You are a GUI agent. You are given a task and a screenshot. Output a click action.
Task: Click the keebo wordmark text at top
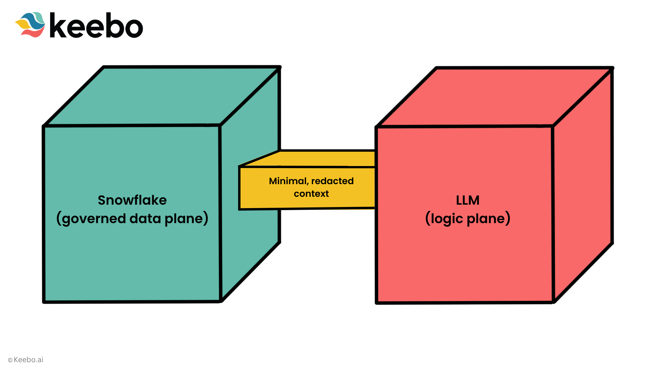pos(96,25)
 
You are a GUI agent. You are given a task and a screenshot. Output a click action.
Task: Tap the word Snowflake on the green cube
pos(132,200)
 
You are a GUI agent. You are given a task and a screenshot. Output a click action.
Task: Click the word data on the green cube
pos(145,219)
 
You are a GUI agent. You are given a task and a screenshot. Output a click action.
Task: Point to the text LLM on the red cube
pos(468,200)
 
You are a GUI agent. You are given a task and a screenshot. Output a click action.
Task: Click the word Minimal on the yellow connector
pos(288,181)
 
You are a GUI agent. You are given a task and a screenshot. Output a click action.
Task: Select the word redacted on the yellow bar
pos(333,181)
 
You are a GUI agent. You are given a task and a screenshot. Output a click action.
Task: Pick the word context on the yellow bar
pos(311,194)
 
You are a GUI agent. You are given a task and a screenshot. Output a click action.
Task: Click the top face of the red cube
pos(495,97)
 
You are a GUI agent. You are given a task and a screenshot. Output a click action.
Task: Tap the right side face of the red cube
pos(583,184)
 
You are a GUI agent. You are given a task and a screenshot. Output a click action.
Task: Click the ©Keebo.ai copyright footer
pos(26,360)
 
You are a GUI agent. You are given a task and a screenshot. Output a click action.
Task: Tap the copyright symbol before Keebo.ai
pos(10,360)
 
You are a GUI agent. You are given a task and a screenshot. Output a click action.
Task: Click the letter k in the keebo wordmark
pos(58,25)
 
